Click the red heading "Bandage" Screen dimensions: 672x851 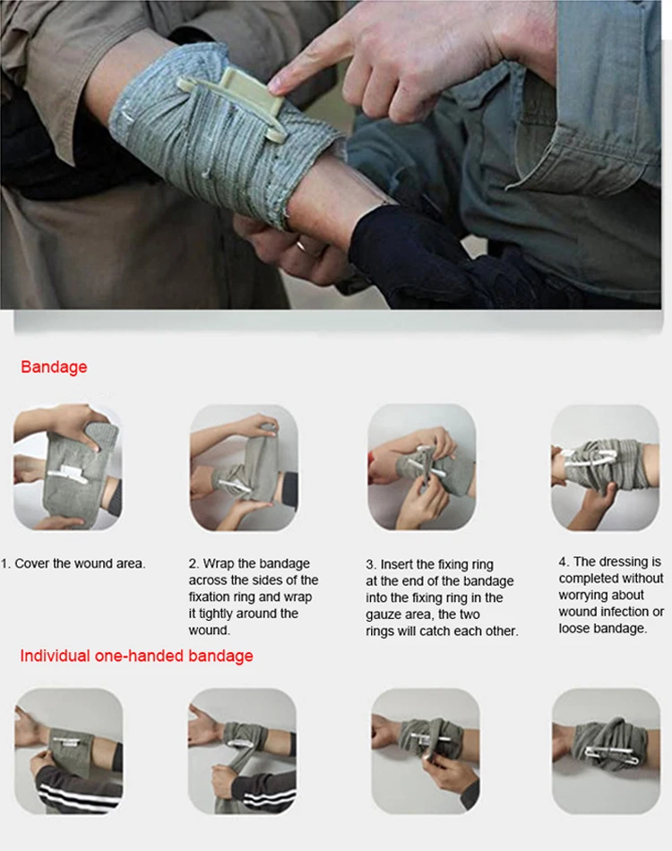click(x=54, y=367)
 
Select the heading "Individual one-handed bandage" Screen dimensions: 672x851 click(x=136, y=656)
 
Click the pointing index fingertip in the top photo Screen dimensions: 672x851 click(x=277, y=82)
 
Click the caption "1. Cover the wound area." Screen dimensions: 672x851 click(x=73, y=563)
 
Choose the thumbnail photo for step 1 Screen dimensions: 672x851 click(x=67, y=468)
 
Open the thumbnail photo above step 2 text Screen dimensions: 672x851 click(x=244, y=468)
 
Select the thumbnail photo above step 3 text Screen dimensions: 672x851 click(x=422, y=468)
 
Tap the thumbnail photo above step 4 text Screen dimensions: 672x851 click(x=605, y=468)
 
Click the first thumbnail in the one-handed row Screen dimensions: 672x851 click(x=68, y=752)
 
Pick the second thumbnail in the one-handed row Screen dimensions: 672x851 click(x=242, y=752)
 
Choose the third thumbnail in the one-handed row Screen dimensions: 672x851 click(x=426, y=752)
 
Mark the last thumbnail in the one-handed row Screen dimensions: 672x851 click(x=607, y=752)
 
